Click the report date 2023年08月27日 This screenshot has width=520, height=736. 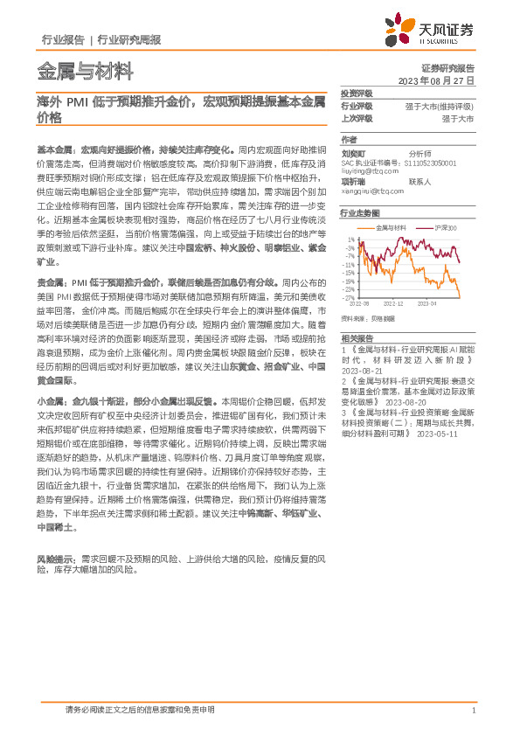coord(438,80)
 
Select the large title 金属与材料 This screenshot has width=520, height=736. coord(85,70)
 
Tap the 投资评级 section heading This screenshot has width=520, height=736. coord(356,93)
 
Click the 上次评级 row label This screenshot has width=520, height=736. coord(356,117)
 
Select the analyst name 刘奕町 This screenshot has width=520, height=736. coord(353,151)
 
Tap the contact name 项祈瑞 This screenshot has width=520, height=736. coord(353,181)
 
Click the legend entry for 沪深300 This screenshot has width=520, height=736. coord(446,226)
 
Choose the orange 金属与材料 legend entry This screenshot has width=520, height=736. coord(390,226)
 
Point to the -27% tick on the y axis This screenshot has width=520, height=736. coord(349,297)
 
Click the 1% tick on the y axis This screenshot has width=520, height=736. coord(350,239)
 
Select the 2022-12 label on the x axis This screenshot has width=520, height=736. coord(396,304)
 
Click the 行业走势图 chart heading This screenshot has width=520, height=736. coord(360,212)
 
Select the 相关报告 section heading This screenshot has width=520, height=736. coord(357,337)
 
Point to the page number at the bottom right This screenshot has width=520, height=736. coord(473,710)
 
